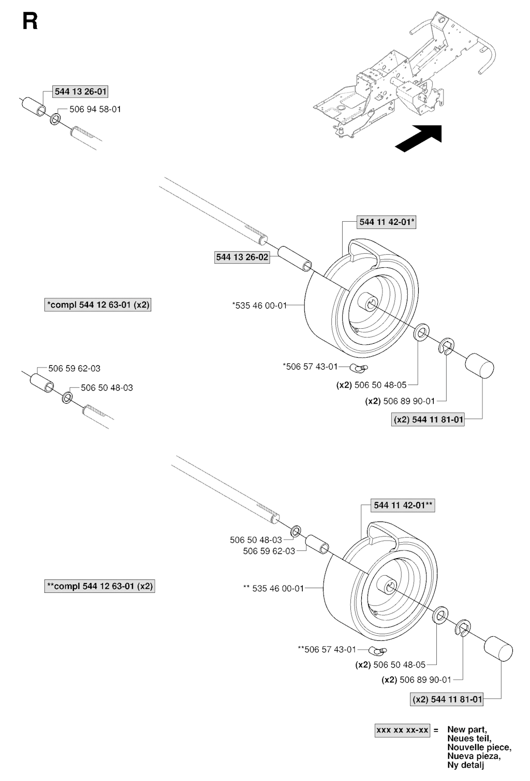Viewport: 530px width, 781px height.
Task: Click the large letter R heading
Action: pos(30,22)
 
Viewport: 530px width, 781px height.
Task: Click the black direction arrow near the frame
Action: pos(419,139)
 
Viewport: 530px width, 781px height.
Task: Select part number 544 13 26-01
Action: pos(80,91)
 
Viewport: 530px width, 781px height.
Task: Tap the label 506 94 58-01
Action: pos(95,110)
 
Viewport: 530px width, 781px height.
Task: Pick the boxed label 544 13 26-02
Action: pos(242,257)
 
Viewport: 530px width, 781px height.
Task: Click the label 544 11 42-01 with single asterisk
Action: pos(387,222)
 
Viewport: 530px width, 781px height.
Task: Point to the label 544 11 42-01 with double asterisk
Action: pos(403,505)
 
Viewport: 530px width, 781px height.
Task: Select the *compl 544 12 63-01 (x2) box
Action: pos(98,305)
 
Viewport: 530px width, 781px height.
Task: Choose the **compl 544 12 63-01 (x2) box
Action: pos(99,586)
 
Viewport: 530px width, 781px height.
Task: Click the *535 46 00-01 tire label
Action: pos(259,306)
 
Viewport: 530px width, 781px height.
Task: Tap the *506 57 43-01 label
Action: pos(311,366)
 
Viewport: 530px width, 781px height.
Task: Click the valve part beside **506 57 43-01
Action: pos(379,650)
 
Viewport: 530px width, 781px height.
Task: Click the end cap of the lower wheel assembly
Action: pos(498,649)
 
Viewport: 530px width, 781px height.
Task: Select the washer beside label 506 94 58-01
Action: pos(55,119)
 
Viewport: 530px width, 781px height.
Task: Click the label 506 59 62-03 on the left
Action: pos(75,369)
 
